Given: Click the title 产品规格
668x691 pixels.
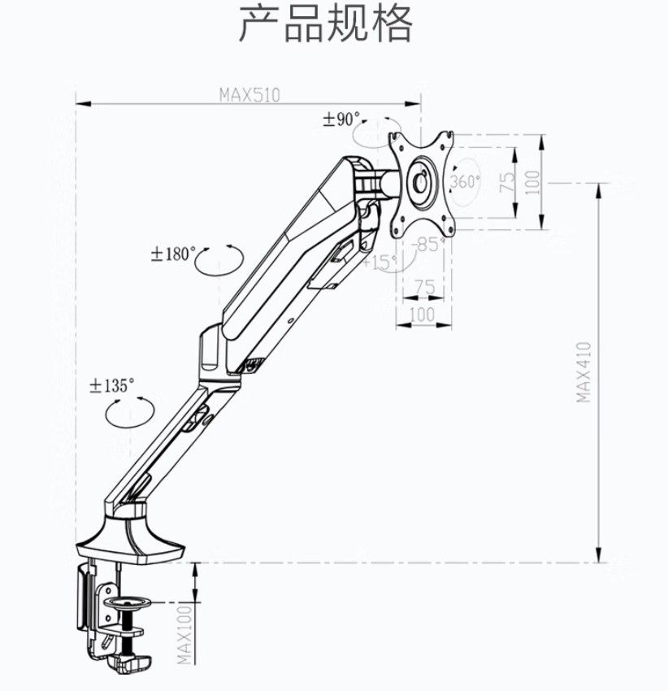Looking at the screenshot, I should [326, 24].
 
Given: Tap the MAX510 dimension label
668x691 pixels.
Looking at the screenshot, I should [249, 94].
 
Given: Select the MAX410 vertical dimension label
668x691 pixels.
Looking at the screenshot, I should [583, 371].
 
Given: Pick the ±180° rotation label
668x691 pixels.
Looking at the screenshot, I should [173, 254].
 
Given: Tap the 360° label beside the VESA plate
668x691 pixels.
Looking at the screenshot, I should [465, 180].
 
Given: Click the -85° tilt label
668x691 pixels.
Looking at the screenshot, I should [428, 243].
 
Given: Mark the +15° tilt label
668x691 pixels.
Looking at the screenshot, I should [380, 262].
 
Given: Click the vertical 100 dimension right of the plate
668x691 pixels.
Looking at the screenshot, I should [532, 180].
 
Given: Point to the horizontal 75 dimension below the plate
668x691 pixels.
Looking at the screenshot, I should [424, 288].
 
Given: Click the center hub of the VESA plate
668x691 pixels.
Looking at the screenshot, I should [420, 179].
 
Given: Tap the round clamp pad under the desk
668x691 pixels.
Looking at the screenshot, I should [131, 603].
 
